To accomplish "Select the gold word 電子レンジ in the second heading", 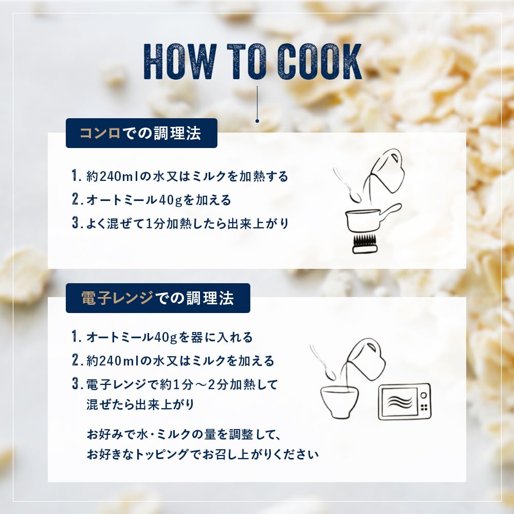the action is tap(117, 298).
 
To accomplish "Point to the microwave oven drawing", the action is tap(405, 401).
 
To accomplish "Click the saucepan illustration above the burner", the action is tap(373, 218).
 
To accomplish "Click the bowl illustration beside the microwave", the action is tap(339, 401).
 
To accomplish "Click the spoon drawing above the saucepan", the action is tap(347, 185).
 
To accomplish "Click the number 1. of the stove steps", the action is tap(76, 176).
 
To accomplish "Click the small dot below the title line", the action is tap(258, 121).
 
